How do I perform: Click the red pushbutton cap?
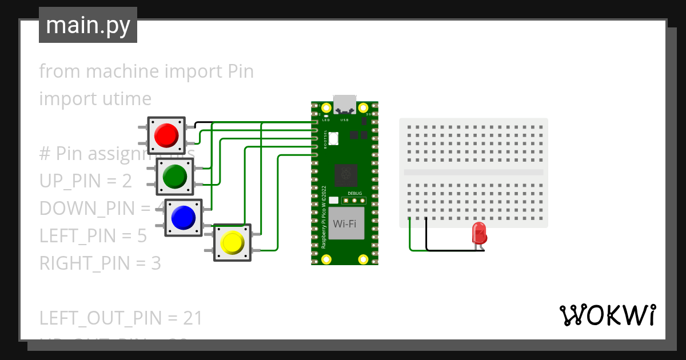[x=166, y=135]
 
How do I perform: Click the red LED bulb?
[x=479, y=233]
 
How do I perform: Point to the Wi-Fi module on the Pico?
[x=346, y=223]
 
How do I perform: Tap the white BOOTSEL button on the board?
[x=333, y=138]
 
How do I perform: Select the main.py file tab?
[x=88, y=26]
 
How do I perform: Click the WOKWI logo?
[x=607, y=315]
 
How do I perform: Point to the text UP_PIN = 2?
[x=86, y=181]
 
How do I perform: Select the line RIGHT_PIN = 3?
[x=100, y=263]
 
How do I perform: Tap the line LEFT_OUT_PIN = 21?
[x=121, y=318]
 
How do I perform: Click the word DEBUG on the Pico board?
[x=354, y=193]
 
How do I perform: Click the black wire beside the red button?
[x=203, y=122]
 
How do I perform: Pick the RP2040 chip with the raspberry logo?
[x=346, y=175]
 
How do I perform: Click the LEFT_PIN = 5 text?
[x=93, y=236]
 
